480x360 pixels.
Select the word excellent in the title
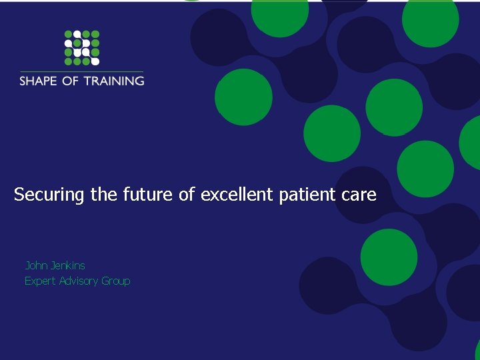pos(237,195)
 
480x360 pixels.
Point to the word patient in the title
pos(310,195)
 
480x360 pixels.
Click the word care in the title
pos(361,195)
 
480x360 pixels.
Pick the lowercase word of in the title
pos(187,195)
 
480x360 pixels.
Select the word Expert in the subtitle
pos(41,281)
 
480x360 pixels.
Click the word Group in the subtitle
pos(116,281)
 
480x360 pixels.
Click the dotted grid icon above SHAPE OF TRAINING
pos(81,48)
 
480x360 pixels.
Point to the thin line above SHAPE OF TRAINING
pos(81,71)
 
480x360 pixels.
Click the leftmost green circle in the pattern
pos(243,97)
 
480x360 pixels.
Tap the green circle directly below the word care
pos(389,257)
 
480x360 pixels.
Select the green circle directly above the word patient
pos(332,133)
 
